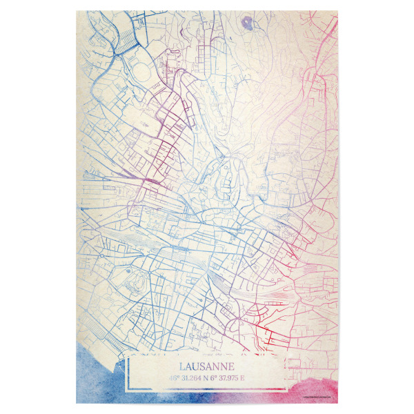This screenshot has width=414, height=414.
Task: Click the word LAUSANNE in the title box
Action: point(207,366)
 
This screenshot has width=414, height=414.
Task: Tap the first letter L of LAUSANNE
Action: point(181,366)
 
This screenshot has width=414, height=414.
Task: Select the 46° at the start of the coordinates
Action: point(173,378)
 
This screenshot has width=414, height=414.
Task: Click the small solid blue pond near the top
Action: point(246,25)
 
